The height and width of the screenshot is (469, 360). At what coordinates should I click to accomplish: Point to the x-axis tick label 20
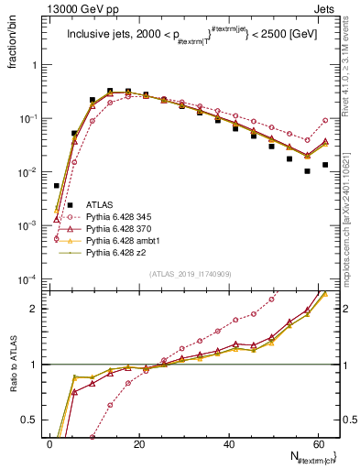tap(139, 444)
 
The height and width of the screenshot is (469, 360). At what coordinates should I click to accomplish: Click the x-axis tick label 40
tap(229, 444)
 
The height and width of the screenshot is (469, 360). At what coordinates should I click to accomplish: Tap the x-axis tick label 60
tap(319, 444)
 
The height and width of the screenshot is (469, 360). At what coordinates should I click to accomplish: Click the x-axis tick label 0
tap(49, 444)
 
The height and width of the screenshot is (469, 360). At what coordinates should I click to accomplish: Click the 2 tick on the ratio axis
tap(35, 309)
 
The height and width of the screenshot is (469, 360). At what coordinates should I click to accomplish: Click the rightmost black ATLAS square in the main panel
tap(325, 165)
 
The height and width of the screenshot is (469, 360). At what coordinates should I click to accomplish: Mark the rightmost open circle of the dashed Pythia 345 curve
tap(325, 120)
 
